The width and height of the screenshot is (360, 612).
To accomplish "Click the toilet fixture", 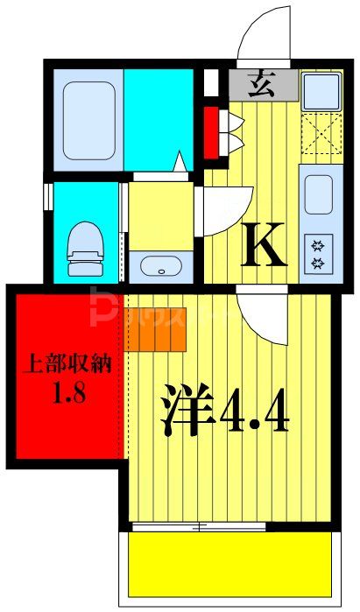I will pyautogui.click(x=85, y=242).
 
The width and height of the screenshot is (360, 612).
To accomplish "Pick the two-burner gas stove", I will pyautogui.click(x=318, y=254).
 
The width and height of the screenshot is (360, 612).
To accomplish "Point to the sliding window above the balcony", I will pyautogui.click(x=200, y=527).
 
